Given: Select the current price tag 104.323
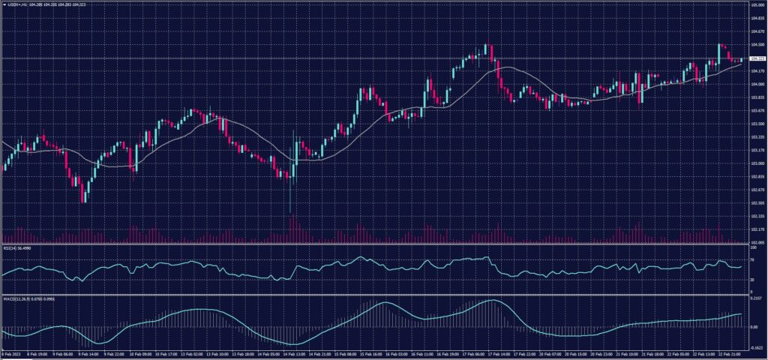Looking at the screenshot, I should [x=757, y=58].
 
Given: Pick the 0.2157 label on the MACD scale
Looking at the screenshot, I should [x=756, y=298].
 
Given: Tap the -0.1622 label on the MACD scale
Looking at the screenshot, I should [x=756, y=347].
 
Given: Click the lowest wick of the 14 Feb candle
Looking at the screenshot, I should [x=290, y=211].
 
